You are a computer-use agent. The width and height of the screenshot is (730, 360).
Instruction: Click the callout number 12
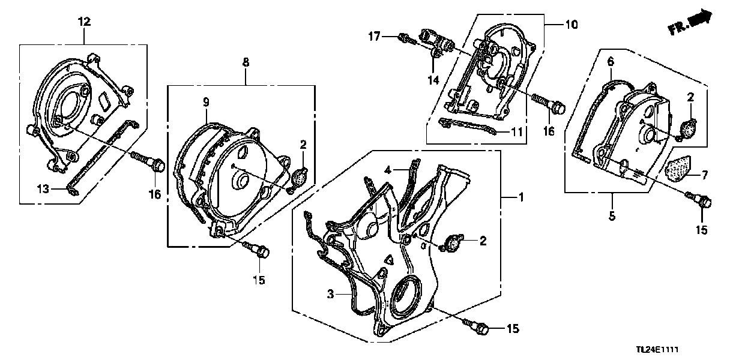[x=84, y=22]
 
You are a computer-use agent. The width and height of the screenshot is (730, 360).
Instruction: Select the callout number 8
[x=246, y=62]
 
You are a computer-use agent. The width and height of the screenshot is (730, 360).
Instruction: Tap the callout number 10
[x=571, y=25]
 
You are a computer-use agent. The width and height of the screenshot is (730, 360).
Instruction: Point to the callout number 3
[x=331, y=293]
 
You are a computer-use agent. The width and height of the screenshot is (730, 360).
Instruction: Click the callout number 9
[x=206, y=102]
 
